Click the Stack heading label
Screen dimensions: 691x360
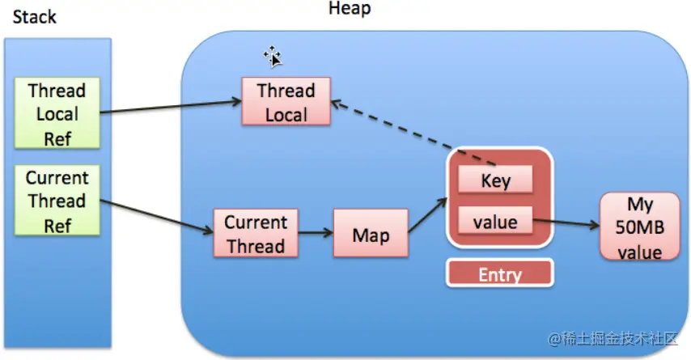coord(34,17)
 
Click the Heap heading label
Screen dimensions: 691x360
coord(350,9)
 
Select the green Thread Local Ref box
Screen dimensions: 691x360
coord(57,113)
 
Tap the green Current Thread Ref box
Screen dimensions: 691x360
coord(57,201)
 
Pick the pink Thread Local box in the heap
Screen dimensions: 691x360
coord(286,101)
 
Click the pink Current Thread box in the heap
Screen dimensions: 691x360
coord(256,233)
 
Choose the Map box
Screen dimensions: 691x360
coord(371,233)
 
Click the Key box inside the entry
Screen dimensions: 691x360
coord(495,180)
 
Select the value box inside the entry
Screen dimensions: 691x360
coord(495,220)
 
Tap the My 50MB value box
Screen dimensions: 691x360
coord(639,227)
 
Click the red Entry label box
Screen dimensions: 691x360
coord(500,273)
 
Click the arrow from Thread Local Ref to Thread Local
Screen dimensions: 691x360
coord(171,107)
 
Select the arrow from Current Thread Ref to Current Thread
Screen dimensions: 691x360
coord(157,217)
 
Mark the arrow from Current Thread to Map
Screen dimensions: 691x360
coord(316,233)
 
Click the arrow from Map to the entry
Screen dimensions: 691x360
coord(427,214)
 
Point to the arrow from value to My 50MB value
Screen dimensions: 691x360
coord(566,222)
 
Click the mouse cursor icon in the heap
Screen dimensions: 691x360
coord(273,57)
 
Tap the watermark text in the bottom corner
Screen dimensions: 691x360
coord(613,338)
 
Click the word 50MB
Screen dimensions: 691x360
coord(640,227)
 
